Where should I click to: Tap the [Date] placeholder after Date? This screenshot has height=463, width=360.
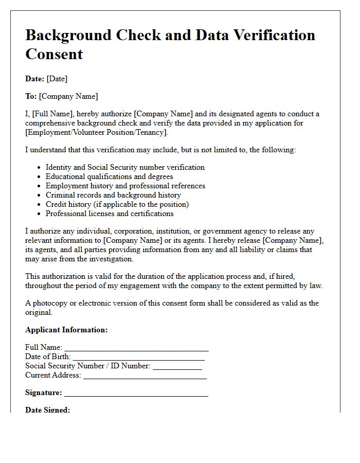(x=57, y=79)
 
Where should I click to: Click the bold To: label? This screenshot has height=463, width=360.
(x=31, y=96)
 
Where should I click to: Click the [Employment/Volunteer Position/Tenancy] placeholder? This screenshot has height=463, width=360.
(x=97, y=132)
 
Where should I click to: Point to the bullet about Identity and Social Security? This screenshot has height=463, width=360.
(x=125, y=167)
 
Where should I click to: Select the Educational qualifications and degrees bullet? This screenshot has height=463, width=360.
(x=109, y=176)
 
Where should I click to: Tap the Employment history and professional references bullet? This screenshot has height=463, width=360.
(x=125, y=186)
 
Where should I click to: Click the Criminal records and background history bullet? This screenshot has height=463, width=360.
(x=113, y=195)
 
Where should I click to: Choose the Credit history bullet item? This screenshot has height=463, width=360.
(x=117, y=204)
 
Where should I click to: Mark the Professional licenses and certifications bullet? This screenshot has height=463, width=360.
(x=110, y=213)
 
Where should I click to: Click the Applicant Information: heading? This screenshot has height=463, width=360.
(x=66, y=330)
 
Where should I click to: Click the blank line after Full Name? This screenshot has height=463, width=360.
(x=136, y=348)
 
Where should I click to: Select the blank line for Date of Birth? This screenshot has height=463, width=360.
(x=139, y=358)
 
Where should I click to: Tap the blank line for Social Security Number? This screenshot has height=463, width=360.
(x=177, y=367)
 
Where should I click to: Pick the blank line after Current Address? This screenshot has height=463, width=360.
(x=145, y=376)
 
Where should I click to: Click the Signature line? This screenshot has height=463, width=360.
(x=136, y=394)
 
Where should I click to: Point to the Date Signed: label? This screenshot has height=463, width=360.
(x=47, y=410)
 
